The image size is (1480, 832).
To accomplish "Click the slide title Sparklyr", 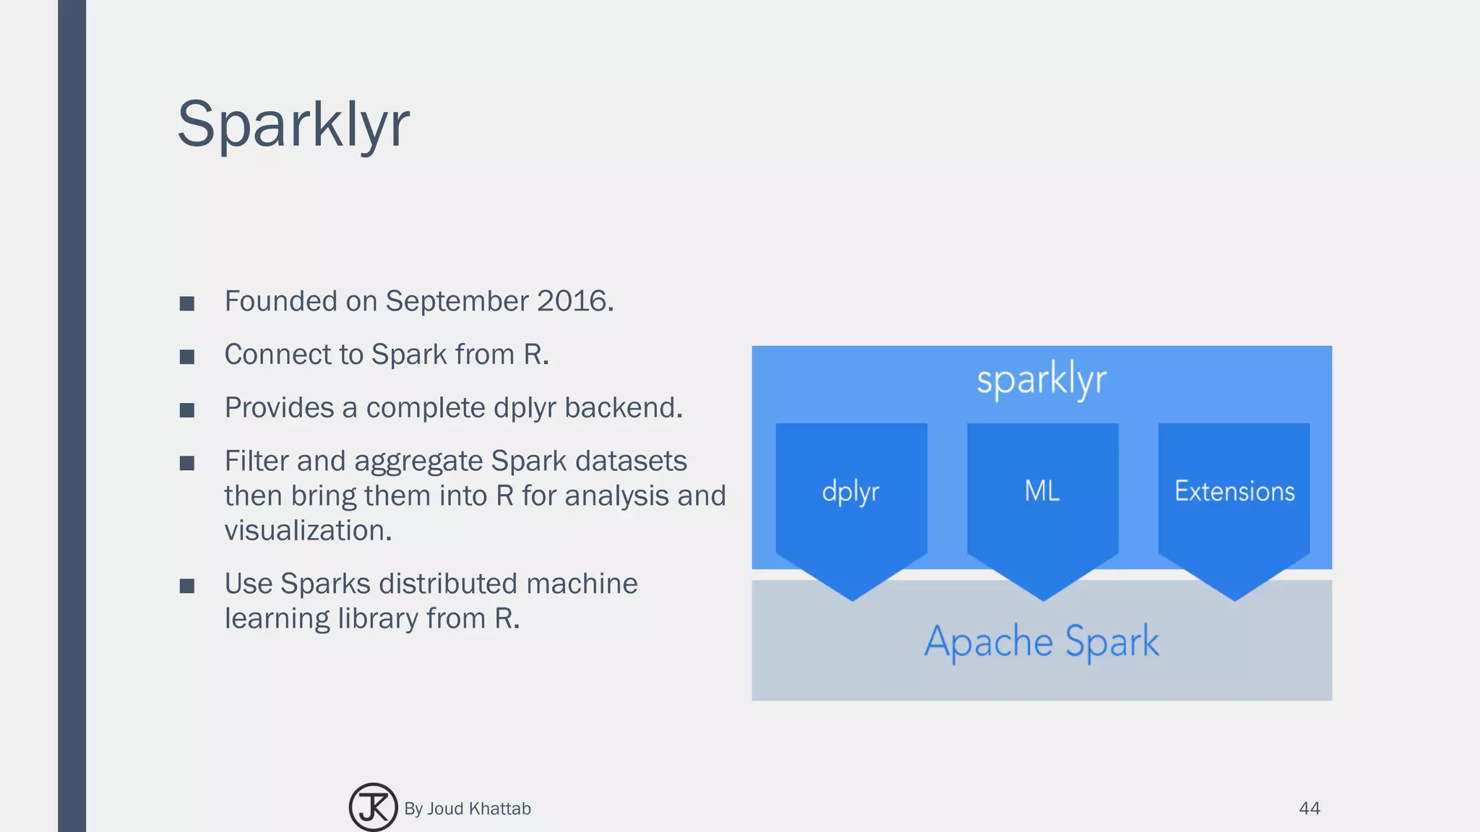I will [x=293, y=124].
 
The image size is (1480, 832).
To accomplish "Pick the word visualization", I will [x=308, y=531].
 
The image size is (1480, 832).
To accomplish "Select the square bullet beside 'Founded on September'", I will [x=187, y=303].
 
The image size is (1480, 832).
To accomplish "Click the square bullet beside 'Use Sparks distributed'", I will [x=187, y=586].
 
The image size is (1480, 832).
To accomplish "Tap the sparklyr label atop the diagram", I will [x=1041, y=380].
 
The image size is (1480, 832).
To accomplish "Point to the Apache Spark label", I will [x=1041, y=641].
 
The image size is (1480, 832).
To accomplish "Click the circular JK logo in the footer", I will [x=373, y=807].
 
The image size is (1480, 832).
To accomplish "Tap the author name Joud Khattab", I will [x=478, y=809].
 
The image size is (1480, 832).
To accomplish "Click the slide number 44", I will [x=1309, y=808].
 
